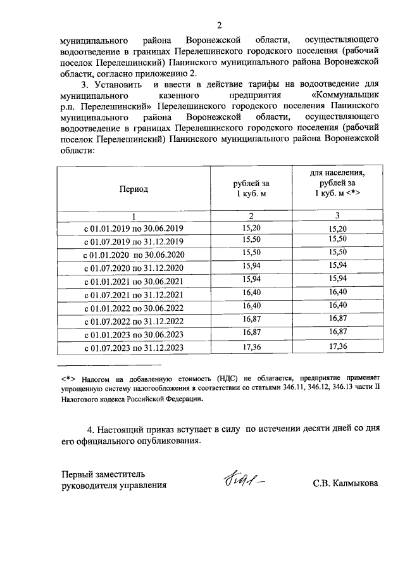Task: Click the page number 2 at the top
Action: pos(220,25)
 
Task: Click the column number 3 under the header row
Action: pos(337,215)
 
